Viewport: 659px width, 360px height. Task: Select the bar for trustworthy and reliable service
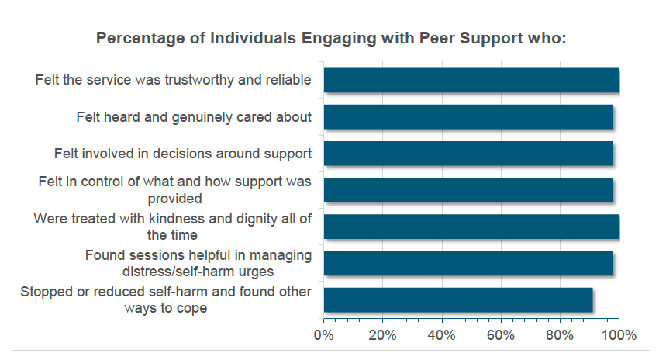471,80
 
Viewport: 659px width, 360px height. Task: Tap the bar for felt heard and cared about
468,117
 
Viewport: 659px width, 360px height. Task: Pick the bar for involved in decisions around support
468,154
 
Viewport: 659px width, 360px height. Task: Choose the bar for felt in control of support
468,190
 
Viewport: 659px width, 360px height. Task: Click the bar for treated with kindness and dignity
471,227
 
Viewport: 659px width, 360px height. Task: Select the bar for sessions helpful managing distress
468,263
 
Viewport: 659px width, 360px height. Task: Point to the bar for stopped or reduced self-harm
458,299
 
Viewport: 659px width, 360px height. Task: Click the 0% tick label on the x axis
323,336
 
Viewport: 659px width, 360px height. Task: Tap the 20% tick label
383,336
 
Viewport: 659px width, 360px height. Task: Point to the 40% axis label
442,336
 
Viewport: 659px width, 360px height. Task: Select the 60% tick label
501,336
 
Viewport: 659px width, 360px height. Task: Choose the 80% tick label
561,336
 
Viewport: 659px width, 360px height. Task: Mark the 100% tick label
619,336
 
